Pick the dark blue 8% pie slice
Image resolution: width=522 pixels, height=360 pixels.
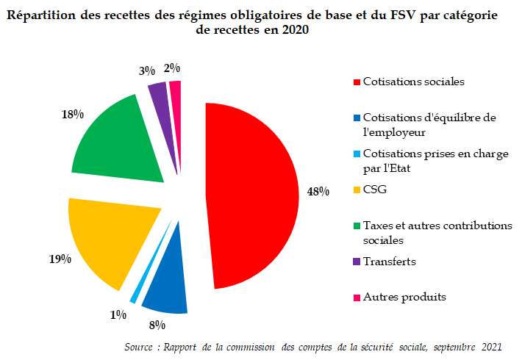[165, 290]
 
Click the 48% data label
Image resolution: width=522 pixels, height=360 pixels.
[318, 192]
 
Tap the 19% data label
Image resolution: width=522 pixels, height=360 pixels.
[60, 259]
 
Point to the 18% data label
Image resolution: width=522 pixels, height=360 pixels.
[73, 115]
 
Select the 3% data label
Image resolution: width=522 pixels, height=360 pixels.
[146, 71]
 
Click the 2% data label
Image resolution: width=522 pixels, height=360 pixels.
[172, 68]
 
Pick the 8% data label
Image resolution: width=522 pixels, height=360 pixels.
[157, 323]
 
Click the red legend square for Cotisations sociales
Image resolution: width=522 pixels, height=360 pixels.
[357, 82]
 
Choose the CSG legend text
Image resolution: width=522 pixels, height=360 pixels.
[375, 190]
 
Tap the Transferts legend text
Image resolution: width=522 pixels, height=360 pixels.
[390, 262]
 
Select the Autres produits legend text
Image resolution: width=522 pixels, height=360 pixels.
[404, 297]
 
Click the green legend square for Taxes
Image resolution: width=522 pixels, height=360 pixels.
[357, 226]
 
